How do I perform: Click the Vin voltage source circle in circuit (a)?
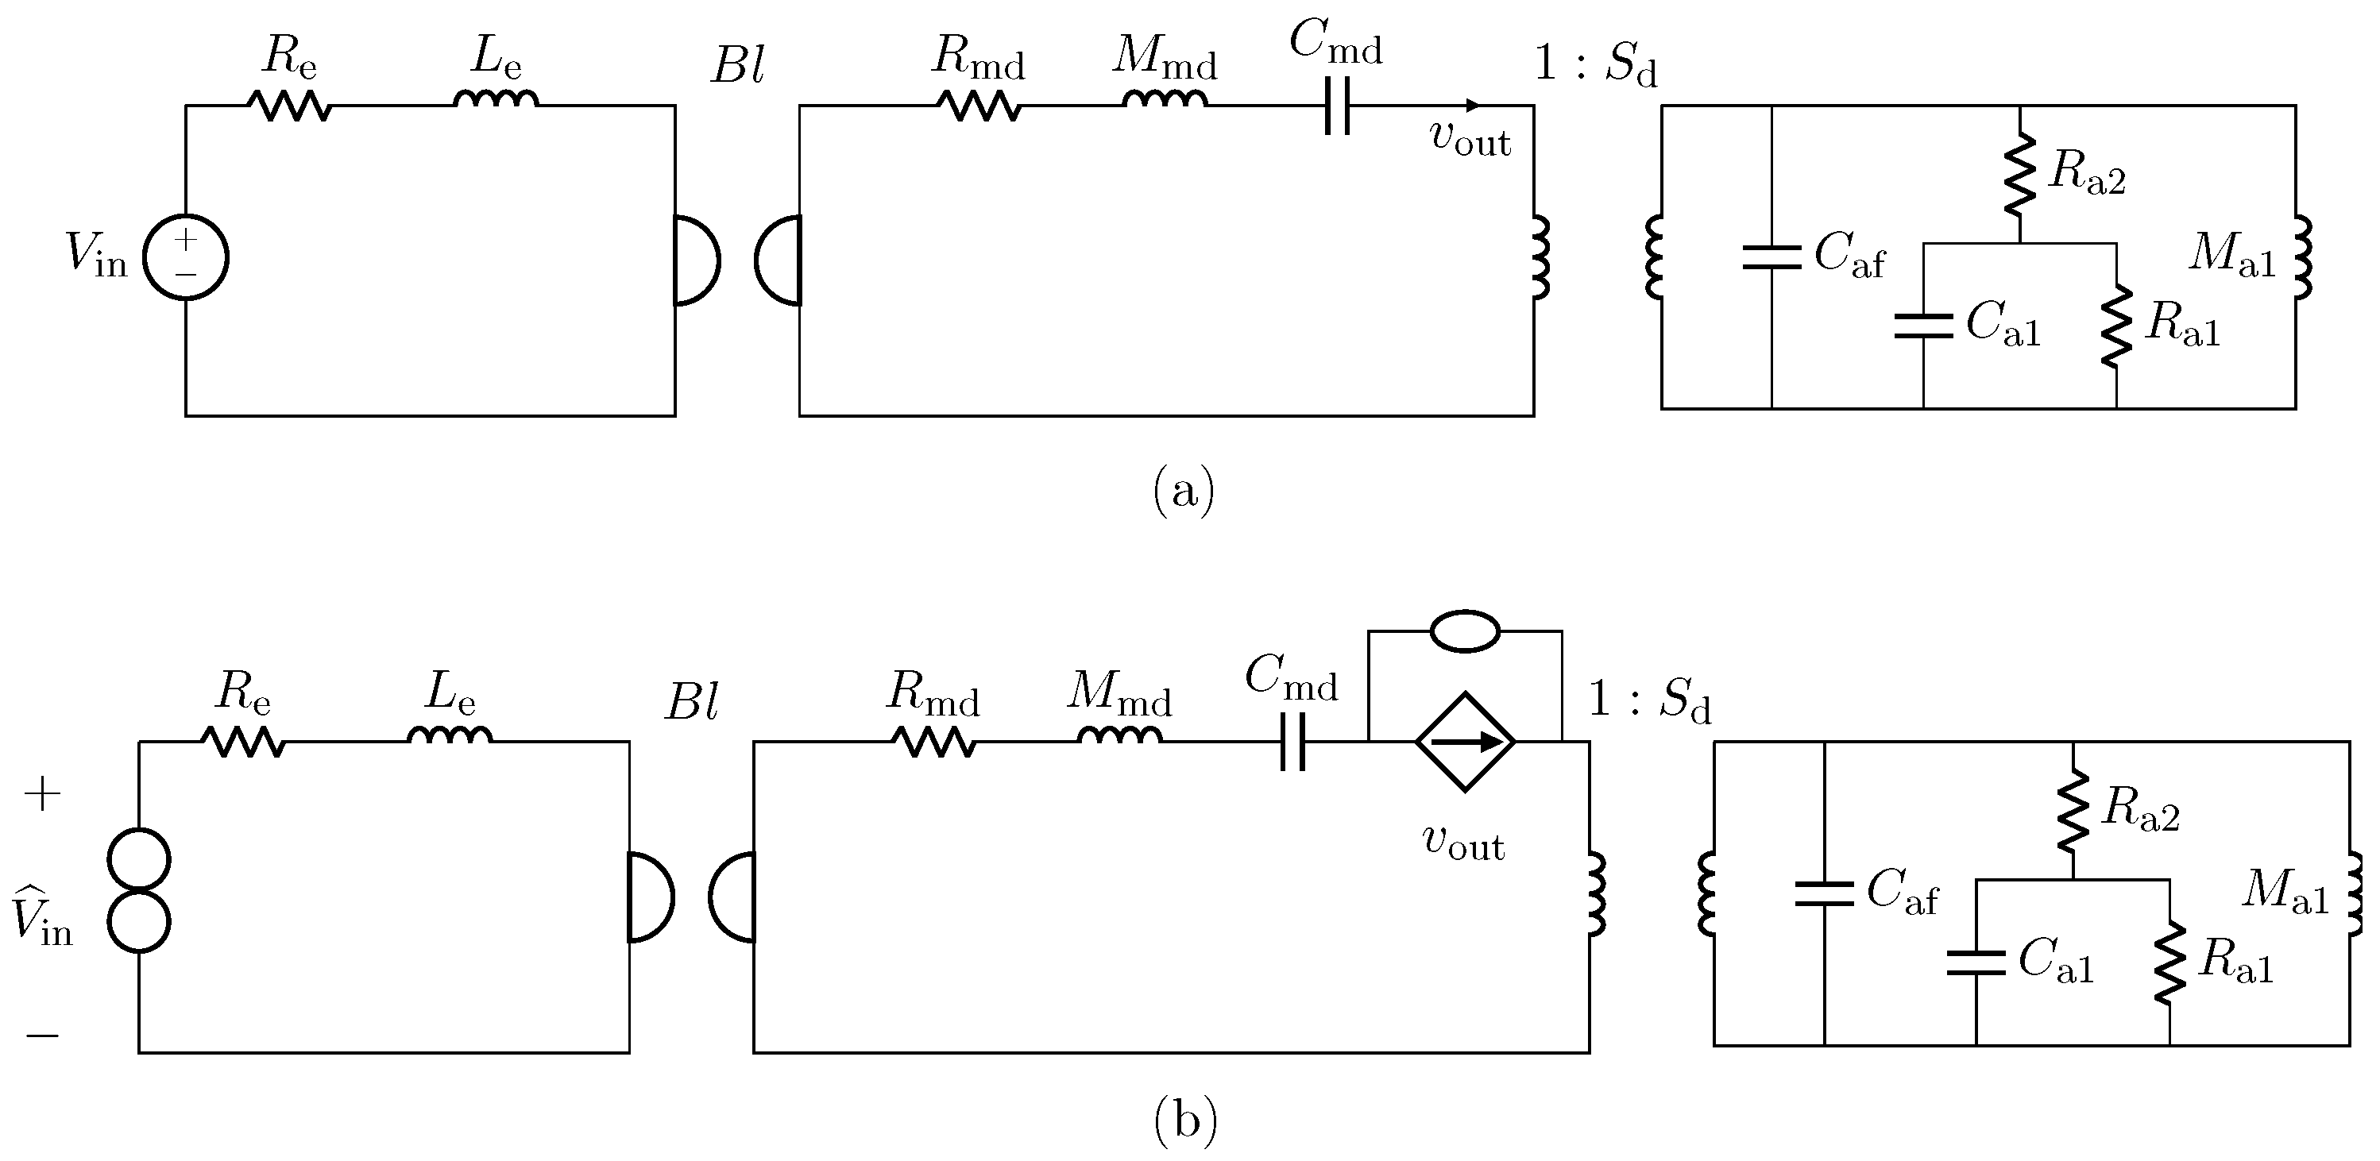coord(186,258)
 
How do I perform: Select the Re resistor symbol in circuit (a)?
coord(289,106)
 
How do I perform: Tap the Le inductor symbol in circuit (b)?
coord(450,735)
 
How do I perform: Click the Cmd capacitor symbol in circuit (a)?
coord(1337,106)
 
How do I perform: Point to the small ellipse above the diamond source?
coord(1464,632)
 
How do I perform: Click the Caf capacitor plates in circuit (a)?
coord(1771,258)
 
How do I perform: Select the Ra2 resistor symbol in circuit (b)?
coord(2073,812)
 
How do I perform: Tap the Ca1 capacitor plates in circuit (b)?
coord(1976,962)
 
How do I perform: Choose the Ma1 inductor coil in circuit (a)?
coord(2302,258)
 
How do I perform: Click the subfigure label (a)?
coord(1184,492)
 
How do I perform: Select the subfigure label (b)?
coord(1185,1121)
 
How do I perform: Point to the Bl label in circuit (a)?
coord(737,67)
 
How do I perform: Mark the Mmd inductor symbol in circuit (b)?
coord(1120,735)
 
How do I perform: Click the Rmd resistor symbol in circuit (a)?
coord(980,106)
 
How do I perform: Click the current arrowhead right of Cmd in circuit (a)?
coord(1473,106)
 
